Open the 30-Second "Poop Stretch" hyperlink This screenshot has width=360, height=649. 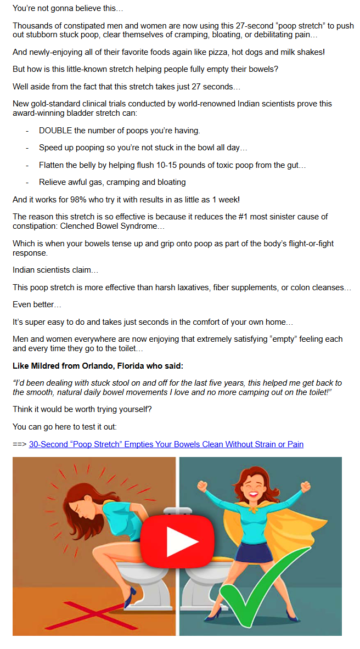point(166,444)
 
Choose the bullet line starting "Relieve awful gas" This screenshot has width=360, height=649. point(112,182)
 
